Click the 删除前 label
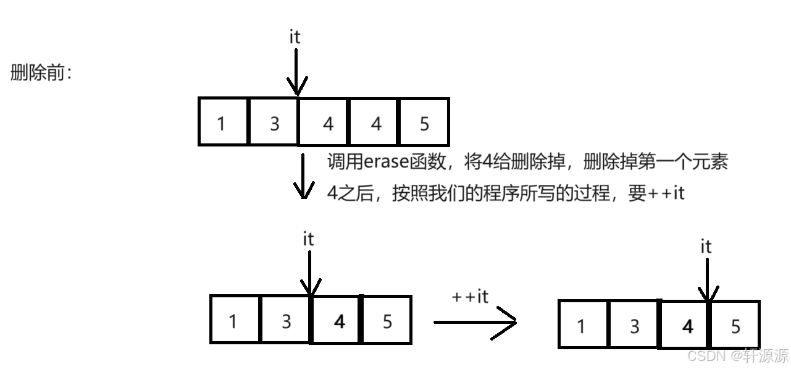pyautogui.click(x=41, y=73)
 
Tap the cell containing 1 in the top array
pyautogui.click(x=223, y=122)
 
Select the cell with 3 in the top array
pyautogui.click(x=274, y=122)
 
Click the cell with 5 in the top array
pyautogui.click(x=424, y=122)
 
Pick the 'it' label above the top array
pyautogui.click(x=295, y=37)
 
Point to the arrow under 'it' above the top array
pyautogui.click(x=296, y=71)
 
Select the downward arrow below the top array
pyautogui.click(x=303, y=176)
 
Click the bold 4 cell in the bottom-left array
pyautogui.click(x=338, y=320)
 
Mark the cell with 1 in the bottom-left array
pyautogui.click(x=234, y=320)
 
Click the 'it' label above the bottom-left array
pyautogui.click(x=308, y=239)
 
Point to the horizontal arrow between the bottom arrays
pyautogui.click(x=474, y=322)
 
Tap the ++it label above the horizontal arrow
pyautogui.click(x=470, y=297)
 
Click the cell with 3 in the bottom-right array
pyautogui.click(x=634, y=325)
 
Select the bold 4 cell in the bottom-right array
pyautogui.click(x=687, y=325)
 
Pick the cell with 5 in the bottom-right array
pyautogui.click(x=735, y=325)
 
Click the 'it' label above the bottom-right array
pyautogui.click(x=706, y=247)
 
